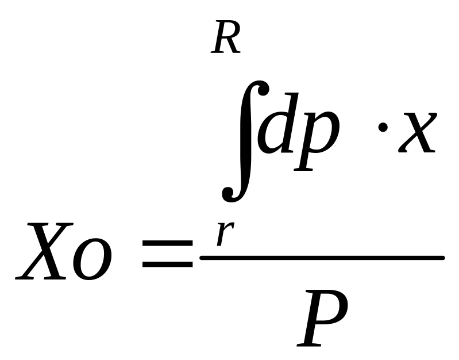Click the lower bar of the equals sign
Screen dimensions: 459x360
167,265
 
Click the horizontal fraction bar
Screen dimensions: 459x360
322,258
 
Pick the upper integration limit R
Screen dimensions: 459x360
226,40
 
